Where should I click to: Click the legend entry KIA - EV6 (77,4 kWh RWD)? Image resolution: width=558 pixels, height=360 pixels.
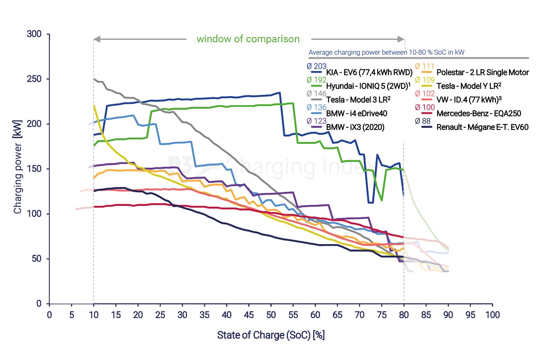[x=369, y=72]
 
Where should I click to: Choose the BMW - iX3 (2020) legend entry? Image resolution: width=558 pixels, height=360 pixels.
[x=355, y=127]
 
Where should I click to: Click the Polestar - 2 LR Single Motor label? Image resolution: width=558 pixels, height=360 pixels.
[x=482, y=72]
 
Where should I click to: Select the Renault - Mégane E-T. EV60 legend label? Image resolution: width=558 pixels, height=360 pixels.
[x=482, y=127]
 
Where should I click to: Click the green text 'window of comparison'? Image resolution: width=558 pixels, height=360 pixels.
[x=248, y=39]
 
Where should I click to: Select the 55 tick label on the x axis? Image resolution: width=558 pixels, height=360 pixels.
[x=293, y=315]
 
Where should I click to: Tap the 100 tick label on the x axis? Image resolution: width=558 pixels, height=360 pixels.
[x=492, y=315]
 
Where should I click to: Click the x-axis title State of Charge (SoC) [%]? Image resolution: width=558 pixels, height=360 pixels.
[x=271, y=335]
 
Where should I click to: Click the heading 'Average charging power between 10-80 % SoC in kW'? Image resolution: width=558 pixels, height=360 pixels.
[x=386, y=52]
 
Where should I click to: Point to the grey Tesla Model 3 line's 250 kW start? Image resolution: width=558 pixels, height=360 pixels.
[x=94, y=79]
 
